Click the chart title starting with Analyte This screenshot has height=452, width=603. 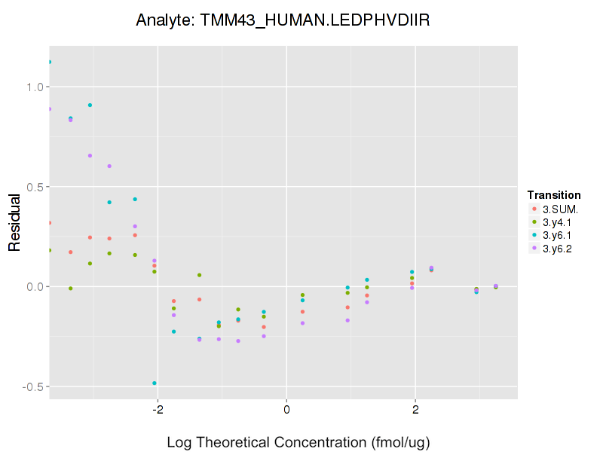click(x=283, y=20)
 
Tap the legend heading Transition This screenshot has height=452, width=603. click(x=554, y=195)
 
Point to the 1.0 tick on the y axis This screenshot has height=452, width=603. click(x=32, y=87)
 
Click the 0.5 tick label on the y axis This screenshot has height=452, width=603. click(x=32, y=187)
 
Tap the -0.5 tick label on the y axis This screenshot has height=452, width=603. click(x=30, y=386)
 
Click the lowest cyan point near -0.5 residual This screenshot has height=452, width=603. click(x=155, y=383)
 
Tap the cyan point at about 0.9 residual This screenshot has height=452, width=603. click(x=90, y=105)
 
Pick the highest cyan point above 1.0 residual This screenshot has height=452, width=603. click(x=50, y=63)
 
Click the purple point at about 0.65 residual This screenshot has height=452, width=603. click(x=90, y=156)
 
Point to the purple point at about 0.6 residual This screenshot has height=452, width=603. click(x=109, y=166)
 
